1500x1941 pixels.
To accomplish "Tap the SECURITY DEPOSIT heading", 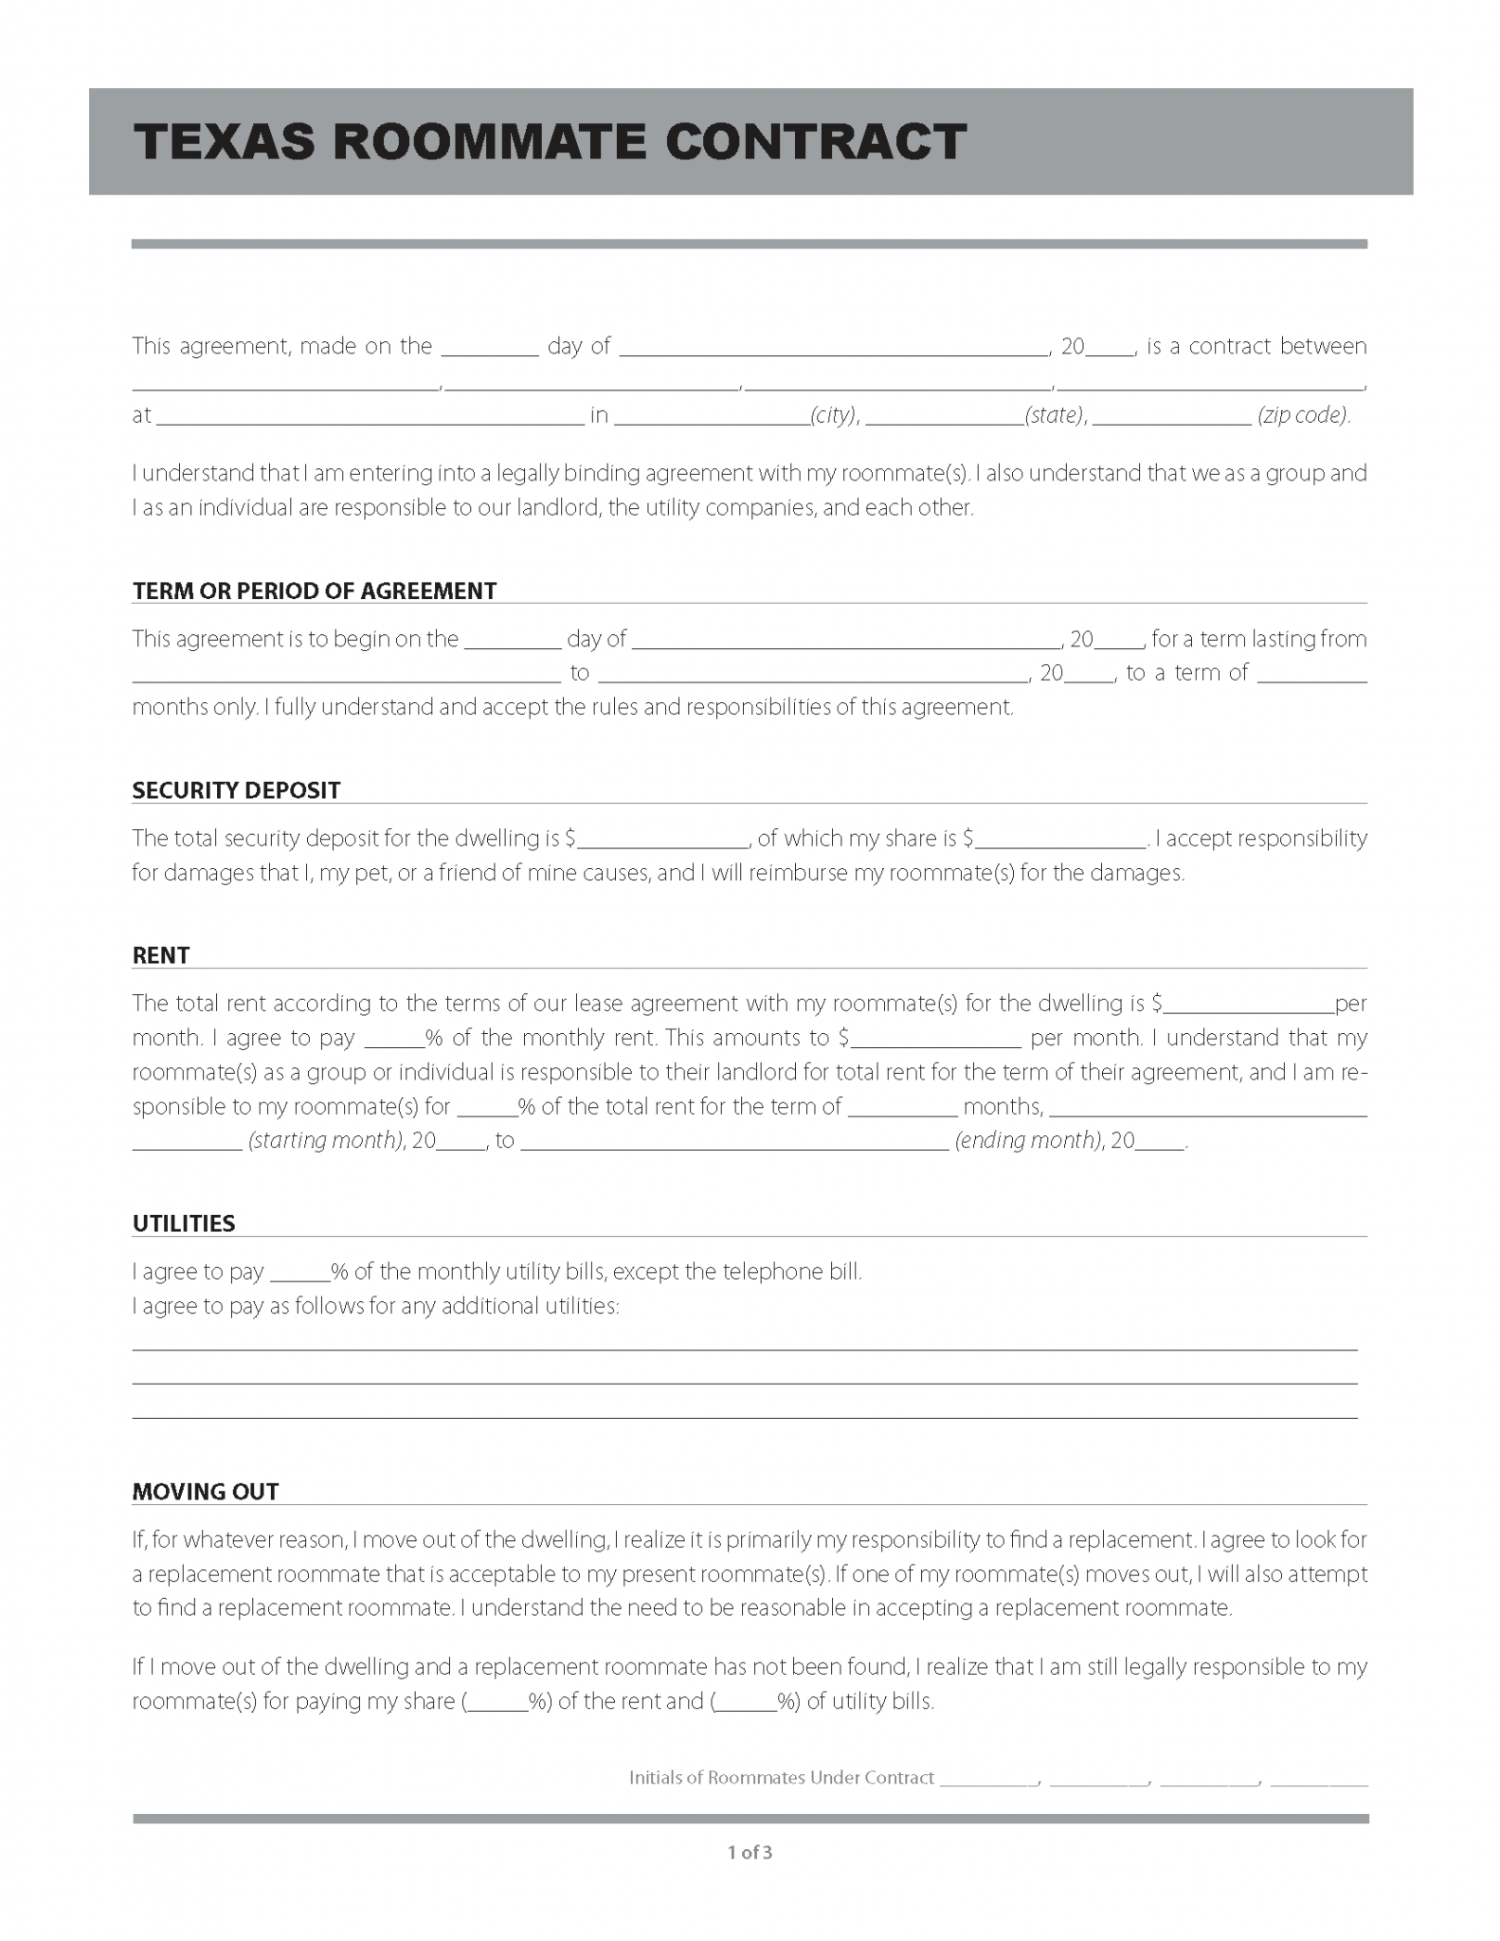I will pyautogui.click(x=236, y=790).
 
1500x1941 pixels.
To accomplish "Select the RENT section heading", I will pyautogui.click(x=161, y=955).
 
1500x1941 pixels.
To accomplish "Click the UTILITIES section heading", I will pyautogui.click(x=184, y=1224).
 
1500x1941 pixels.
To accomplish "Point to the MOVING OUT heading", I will pyautogui.click(x=206, y=1492).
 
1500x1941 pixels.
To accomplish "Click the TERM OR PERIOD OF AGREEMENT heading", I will pyautogui.click(x=315, y=591).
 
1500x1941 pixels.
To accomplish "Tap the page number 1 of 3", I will pyautogui.click(x=750, y=1852).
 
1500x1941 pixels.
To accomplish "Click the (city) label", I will pyautogui.click(x=834, y=415).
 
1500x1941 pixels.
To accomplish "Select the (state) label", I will pyautogui.click(x=1055, y=415).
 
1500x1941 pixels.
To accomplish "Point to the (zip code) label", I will pyautogui.click(x=1303, y=415).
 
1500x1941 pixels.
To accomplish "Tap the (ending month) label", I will pyautogui.click(x=1027, y=1140).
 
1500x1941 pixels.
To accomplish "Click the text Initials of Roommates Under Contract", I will pyautogui.click(x=782, y=1778).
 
